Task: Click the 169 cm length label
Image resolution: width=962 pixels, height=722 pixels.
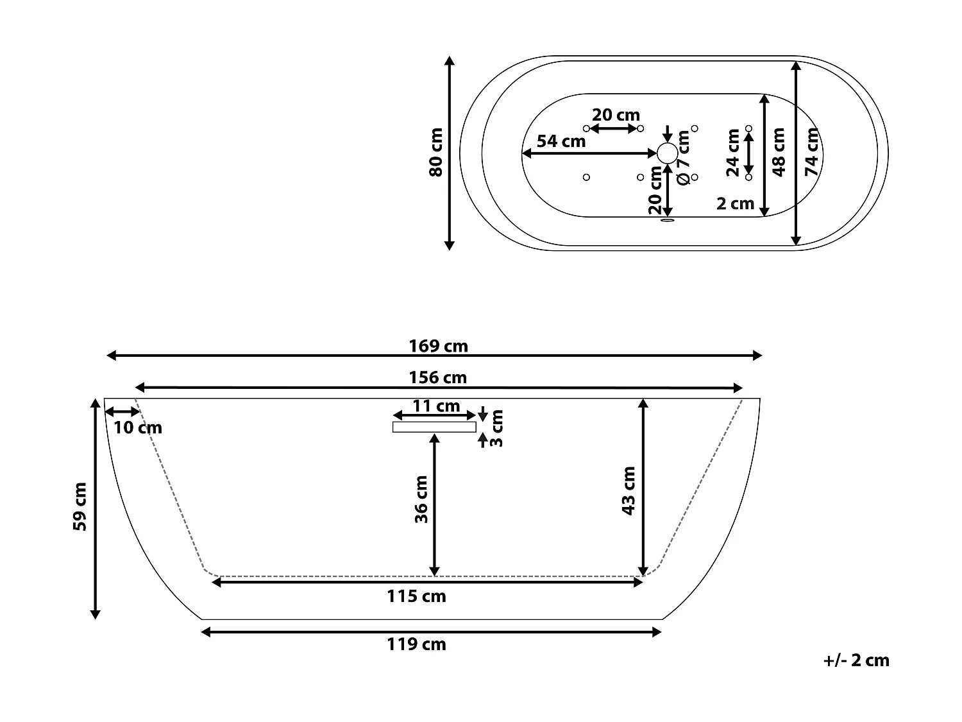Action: point(438,347)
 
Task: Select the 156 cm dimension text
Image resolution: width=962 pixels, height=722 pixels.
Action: point(438,378)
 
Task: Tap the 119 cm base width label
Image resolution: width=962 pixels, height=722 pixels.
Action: point(416,644)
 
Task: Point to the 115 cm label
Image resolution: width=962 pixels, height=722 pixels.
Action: point(416,596)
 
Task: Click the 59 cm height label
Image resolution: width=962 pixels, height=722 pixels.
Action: point(80,507)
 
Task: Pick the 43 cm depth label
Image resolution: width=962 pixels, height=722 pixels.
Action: point(629,490)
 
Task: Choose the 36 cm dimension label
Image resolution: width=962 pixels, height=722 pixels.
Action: point(421,499)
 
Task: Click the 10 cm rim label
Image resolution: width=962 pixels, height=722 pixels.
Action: point(138,428)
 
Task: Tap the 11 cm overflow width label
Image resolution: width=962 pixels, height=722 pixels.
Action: point(436,406)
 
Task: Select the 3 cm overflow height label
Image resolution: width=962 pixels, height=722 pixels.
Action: point(496,428)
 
